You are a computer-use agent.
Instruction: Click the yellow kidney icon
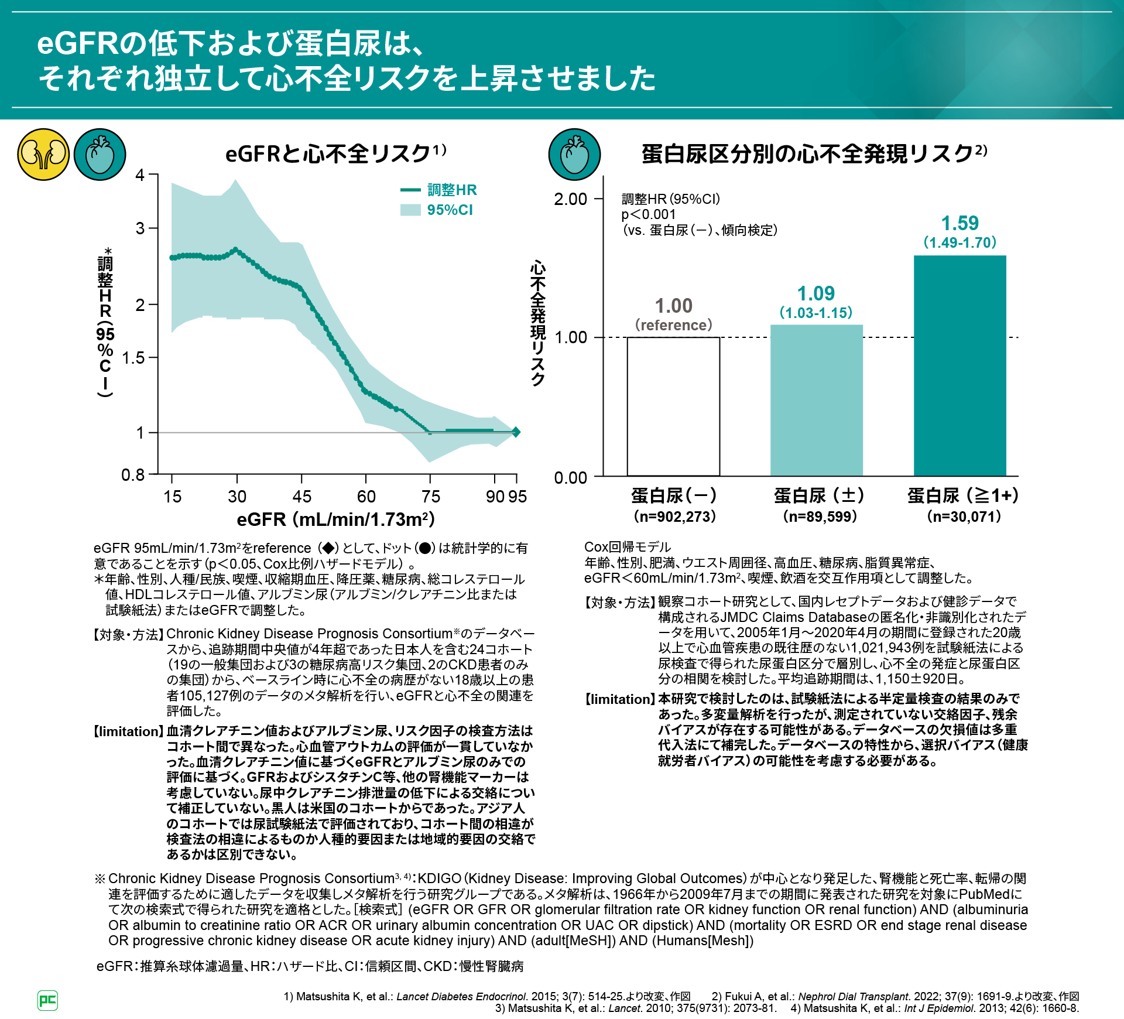click(x=43, y=155)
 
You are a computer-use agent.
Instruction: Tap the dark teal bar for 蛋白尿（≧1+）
click(x=959, y=366)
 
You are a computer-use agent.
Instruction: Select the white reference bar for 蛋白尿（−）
click(x=673, y=406)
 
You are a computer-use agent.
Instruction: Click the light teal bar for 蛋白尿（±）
click(x=816, y=401)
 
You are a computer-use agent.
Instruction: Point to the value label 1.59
click(x=959, y=223)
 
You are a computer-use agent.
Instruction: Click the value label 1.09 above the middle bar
click(x=816, y=293)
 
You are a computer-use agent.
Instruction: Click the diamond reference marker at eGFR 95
click(x=516, y=432)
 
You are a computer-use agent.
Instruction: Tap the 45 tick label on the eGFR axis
click(x=301, y=497)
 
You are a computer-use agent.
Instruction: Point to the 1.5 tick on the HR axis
click(x=133, y=358)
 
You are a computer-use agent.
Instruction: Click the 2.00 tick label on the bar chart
click(x=570, y=199)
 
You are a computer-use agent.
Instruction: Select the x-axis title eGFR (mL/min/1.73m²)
click(x=335, y=519)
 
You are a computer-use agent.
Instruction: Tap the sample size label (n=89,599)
click(x=820, y=517)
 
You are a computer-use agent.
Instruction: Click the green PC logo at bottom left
click(x=47, y=1000)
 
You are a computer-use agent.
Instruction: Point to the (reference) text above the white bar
click(x=673, y=325)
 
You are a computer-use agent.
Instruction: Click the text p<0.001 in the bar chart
click(x=649, y=214)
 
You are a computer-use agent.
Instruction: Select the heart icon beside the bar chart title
click(x=574, y=155)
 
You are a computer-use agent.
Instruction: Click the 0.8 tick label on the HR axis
click(x=133, y=475)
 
